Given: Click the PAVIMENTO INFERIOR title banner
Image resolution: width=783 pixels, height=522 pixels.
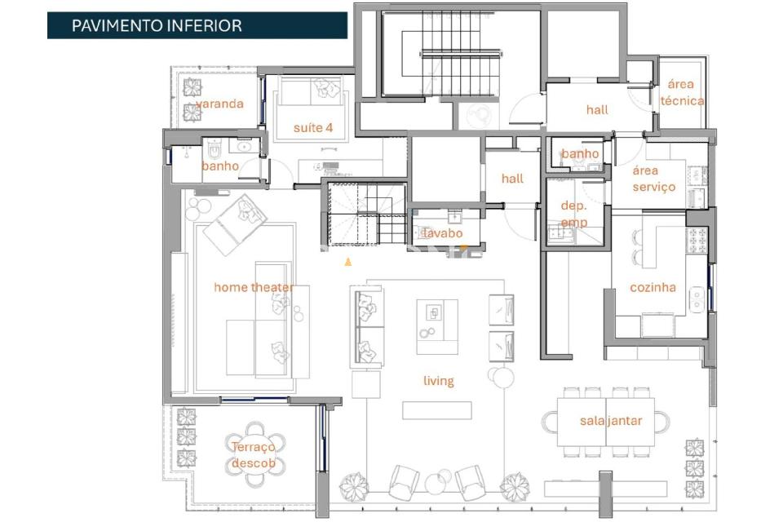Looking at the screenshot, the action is pos(197,25).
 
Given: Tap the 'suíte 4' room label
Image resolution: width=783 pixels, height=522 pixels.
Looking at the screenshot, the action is pos(313,128).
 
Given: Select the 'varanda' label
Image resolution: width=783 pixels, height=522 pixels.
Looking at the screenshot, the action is pos(219,104).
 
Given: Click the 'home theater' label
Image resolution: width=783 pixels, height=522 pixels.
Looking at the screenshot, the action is pos(254,287).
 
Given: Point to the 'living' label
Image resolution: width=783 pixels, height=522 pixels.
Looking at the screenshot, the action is pos(439,381).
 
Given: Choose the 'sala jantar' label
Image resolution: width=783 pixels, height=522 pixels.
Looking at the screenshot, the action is pos(611,421).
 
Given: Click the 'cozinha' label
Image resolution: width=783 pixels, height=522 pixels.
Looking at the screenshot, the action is pos(652,287).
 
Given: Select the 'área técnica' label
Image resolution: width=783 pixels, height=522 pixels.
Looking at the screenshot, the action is pos(682,92).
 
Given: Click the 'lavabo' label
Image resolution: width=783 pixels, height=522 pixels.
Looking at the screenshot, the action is pos(442,233).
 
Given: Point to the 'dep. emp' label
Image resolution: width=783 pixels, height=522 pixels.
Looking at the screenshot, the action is pos(573,214).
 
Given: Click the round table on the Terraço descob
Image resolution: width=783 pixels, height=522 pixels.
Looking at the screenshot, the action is pos(254,454).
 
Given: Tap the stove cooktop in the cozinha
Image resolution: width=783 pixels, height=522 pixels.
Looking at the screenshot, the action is pos(697,241).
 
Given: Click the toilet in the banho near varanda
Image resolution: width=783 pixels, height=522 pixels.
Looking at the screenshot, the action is pos(215,148).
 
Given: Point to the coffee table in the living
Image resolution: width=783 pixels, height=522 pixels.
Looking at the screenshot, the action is pos(437,327).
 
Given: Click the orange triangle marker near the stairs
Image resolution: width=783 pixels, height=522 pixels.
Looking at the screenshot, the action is pos(348,262).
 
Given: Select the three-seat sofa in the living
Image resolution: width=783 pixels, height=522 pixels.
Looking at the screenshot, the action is pos(367,327).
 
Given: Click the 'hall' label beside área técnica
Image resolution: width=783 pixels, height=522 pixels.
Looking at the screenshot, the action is pos(597,110).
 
